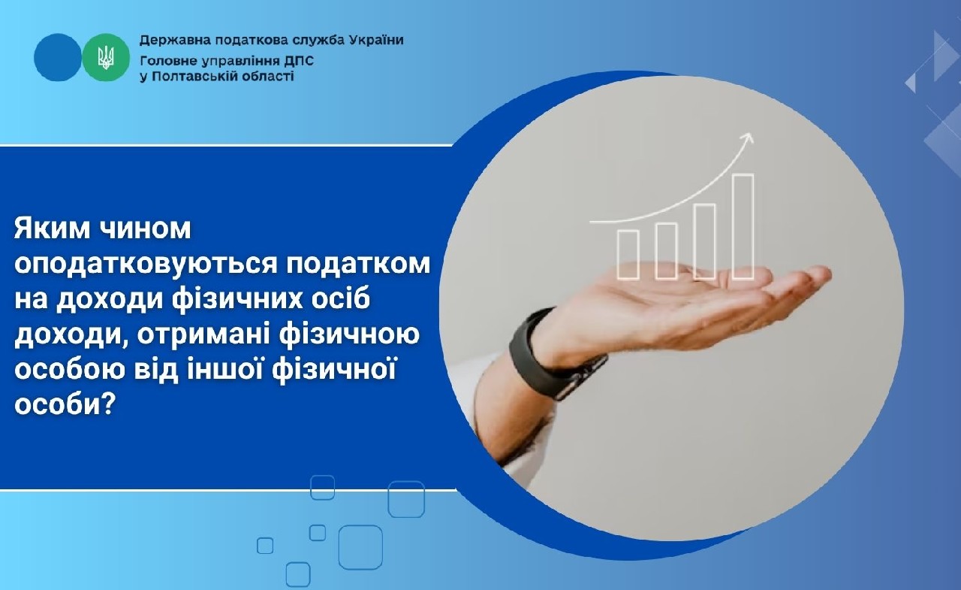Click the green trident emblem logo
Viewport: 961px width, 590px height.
click(x=106, y=57)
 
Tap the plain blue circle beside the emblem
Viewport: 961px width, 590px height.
click(x=57, y=57)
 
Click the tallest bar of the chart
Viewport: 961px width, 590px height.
click(x=743, y=226)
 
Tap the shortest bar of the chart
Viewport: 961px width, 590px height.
click(x=628, y=254)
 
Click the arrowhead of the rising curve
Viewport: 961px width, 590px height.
click(x=747, y=138)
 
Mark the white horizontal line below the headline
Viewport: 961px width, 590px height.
click(x=225, y=490)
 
